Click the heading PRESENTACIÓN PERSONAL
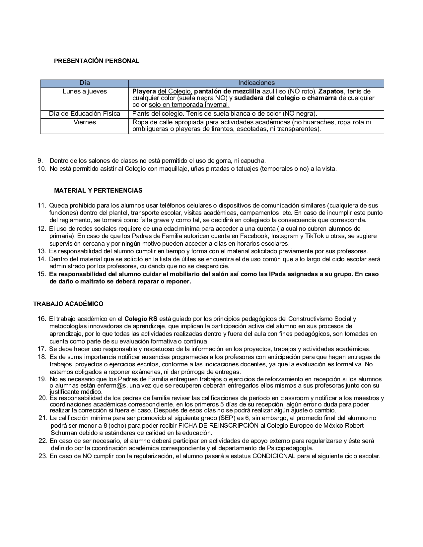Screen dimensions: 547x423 click(x=97, y=61)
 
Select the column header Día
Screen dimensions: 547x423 click(x=85, y=83)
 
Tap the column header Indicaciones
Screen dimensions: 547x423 click(x=256, y=83)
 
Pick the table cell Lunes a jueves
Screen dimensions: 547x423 click(x=85, y=91)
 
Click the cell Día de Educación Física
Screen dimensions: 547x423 click(x=85, y=114)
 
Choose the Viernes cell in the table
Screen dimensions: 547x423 click(x=85, y=122)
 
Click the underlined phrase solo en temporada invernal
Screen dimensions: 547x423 click(x=189, y=105)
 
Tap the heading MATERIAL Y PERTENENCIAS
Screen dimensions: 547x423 click(x=98, y=191)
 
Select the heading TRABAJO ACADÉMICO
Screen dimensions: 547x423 click(x=68, y=304)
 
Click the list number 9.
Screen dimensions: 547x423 click(x=40, y=161)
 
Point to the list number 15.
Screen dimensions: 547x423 click(x=42, y=274)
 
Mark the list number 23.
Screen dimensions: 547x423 click(x=43, y=456)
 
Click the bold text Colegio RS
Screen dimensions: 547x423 click(x=141, y=319)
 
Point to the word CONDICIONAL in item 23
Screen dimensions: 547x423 click(x=274, y=456)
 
